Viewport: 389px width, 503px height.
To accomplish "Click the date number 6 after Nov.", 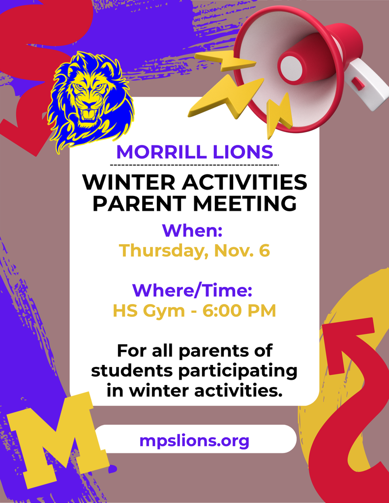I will point(264,251).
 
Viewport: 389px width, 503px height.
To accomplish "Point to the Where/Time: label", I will point(193,290).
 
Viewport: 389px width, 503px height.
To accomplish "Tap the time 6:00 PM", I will point(239,310).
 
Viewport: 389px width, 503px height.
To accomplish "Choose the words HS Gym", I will point(144,310).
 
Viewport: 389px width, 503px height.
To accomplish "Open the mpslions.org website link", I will point(194,440).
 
